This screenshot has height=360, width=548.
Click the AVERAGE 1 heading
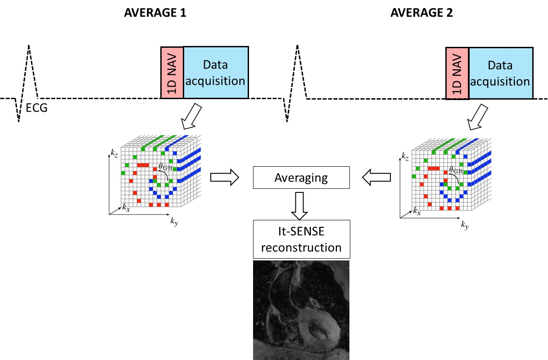[x=155, y=13]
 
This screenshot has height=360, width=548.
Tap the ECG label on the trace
[x=36, y=108]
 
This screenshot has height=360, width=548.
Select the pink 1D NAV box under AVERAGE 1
[x=172, y=72]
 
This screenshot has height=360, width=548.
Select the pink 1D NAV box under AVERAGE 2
[x=457, y=72]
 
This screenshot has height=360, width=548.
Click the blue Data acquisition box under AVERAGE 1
[x=216, y=72]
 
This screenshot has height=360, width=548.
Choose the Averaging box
[x=301, y=178]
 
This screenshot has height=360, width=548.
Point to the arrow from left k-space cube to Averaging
[x=225, y=178]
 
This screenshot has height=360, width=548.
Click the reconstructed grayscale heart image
[x=301, y=310]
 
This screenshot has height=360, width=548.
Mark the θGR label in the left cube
[x=165, y=166]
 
